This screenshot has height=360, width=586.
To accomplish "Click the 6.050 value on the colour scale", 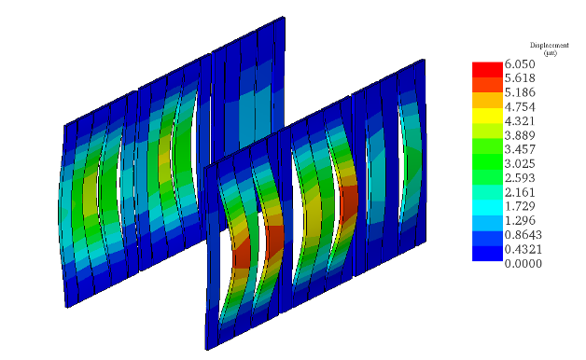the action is pyautogui.click(x=520, y=63).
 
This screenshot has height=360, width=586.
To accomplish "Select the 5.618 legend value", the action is pyautogui.click(x=520, y=78).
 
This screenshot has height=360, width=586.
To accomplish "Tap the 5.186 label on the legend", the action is pyautogui.click(x=520, y=92).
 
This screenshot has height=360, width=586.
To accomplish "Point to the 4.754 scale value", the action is pyautogui.click(x=520, y=107).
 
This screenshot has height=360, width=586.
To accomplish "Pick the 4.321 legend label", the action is pyautogui.click(x=520, y=121).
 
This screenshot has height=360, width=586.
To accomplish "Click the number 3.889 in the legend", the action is pyautogui.click(x=520, y=135).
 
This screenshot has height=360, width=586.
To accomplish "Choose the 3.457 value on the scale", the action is pyautogui.click(x=520, y=149).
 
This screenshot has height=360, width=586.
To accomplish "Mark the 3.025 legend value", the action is pyautogui.click(x=520, y=163).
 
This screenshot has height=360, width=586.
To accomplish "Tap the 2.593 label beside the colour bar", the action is pyautogui.click(x=520, y=178).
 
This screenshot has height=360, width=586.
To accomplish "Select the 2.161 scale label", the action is pyautogui.click(x=520, y=192).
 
